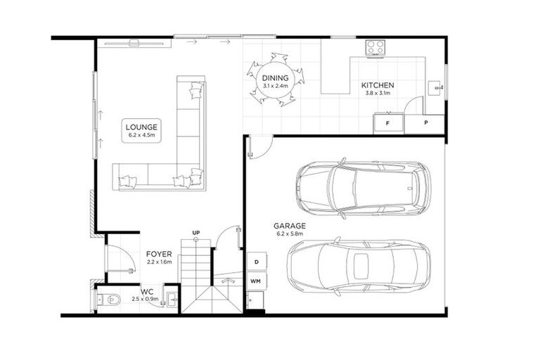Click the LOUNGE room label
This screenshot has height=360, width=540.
click(x=141, y=127)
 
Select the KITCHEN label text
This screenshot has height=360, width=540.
click(x=378, y=85)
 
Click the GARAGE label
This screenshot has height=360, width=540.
click(x=290, y=226)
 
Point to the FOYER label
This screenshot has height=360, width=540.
click(x=160, y=253)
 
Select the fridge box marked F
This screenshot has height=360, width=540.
click(x=387, y=123)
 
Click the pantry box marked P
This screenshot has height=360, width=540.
click(x=426, y=123)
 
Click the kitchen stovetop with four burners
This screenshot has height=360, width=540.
click(x=375, y=47)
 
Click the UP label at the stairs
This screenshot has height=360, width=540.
click(x=197, y=232)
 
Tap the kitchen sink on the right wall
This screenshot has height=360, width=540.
click(x=437, y=89)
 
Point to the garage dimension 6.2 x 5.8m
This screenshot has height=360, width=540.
click(x=290, y=234)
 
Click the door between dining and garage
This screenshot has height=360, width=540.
click(x=258, y=146)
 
